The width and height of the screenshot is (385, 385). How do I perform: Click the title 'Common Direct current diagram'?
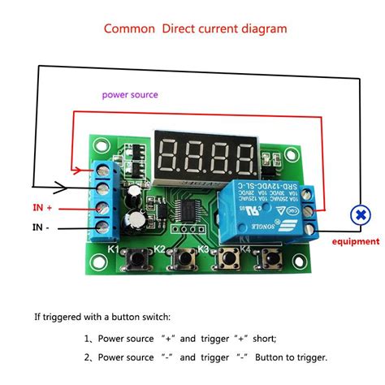195,29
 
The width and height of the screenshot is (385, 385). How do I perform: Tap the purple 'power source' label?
130,95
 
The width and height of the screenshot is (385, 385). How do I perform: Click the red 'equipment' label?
355,241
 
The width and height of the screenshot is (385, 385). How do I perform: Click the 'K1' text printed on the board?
114,249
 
